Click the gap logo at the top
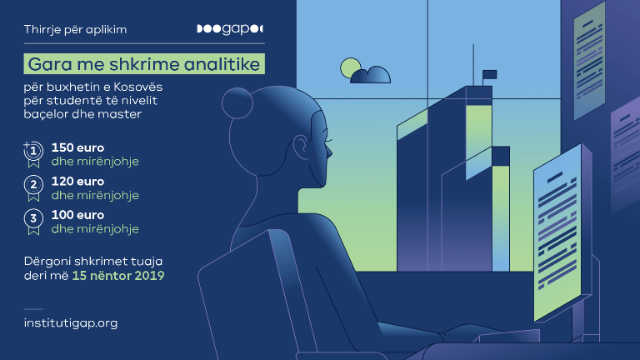click(230, 29)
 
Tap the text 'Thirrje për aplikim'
click(75, 29)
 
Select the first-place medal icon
click(33, 154)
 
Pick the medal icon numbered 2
click(33, 187)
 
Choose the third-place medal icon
click(33, 222)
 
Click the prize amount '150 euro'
click(77, 147)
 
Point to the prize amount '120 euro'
click(77, 181)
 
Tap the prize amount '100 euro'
click(77, 215)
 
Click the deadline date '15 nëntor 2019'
click(118, 276)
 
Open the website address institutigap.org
click(71, 322)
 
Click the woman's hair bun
click(237, 103)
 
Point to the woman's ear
click(301, 147)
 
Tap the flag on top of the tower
click(490, 74)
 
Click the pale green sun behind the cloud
click(349, 67)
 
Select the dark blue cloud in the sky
click(371, 75)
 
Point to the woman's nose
click(329, 152)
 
